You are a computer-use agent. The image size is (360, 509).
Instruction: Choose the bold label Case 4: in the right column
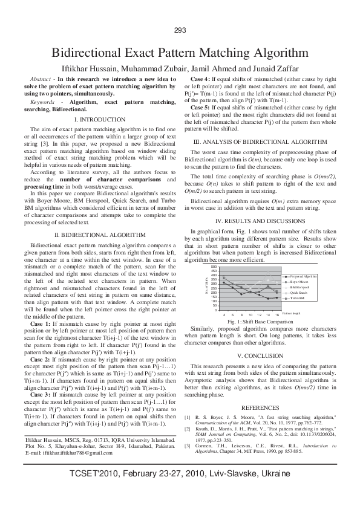[x=201, y=79]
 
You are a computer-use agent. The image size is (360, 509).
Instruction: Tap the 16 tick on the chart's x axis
[x=277, y=315]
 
